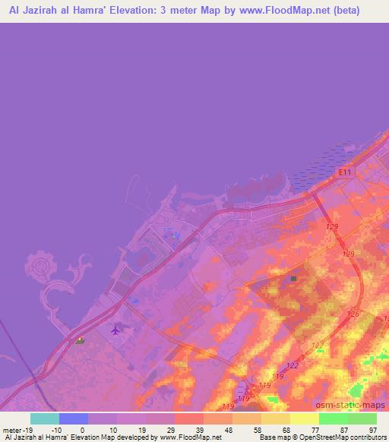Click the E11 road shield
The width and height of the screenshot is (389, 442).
tap(346, 174)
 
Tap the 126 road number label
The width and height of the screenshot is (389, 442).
tap(352, 314)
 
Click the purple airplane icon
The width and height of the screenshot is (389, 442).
tap(116, 329)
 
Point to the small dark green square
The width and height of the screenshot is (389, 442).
tap(293, 279)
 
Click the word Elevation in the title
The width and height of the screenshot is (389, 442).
tap(147, 10)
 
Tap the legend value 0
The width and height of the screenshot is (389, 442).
tap(81, 429)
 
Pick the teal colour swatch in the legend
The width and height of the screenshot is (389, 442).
tap(45, 418)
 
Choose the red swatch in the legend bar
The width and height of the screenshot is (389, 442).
tap(189, 418)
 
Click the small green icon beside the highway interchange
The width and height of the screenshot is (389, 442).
tap(80, 340)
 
